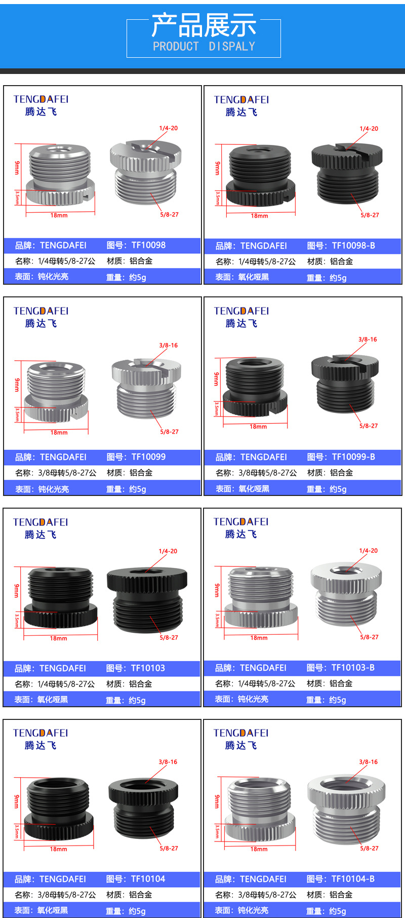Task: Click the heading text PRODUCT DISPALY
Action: coord(204,47)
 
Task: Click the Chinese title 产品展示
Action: coord(204,25)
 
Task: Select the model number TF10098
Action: coord(148,245)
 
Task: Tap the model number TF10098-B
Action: coord(353,246)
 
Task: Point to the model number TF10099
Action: coord(148,457)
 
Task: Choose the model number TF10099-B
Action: coord(353,457)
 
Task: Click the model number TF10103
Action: coord(148,668)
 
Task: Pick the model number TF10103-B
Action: coord(353,668)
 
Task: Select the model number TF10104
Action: coord(148,879)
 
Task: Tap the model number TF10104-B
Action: coord(353,879)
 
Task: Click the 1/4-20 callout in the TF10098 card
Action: coord(169,128)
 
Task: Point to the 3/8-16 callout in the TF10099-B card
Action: coord(368,339)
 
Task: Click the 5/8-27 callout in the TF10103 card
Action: coord(169,638)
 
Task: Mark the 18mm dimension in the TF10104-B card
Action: coord(259,849)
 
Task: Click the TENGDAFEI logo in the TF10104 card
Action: coord(40,733)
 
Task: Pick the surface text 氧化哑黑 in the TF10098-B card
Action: coord(254,277)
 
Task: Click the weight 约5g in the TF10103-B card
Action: coord(338,700)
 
